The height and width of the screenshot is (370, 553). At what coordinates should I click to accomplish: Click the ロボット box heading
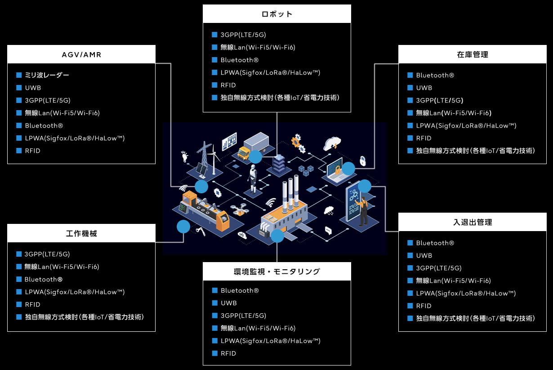276,14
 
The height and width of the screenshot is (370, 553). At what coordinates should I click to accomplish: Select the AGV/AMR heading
81,55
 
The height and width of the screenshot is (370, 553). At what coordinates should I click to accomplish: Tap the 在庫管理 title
472,54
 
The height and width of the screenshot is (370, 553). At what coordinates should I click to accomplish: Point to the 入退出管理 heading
472,222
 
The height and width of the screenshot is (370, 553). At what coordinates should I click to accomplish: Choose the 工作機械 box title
81,233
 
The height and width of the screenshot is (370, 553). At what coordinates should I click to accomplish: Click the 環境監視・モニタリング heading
276,272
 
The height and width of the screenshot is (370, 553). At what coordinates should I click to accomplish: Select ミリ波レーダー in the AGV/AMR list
47,76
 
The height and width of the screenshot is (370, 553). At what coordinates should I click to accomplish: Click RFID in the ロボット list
228,85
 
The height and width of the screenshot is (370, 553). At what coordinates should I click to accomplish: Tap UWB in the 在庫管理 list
424,88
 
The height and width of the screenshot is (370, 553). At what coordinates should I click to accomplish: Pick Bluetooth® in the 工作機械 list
44,279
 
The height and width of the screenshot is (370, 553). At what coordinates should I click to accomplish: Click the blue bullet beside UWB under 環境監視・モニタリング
214,303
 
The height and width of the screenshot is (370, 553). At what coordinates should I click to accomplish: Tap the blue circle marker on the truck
255,157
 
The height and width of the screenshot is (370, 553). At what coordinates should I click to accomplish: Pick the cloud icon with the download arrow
331,143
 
